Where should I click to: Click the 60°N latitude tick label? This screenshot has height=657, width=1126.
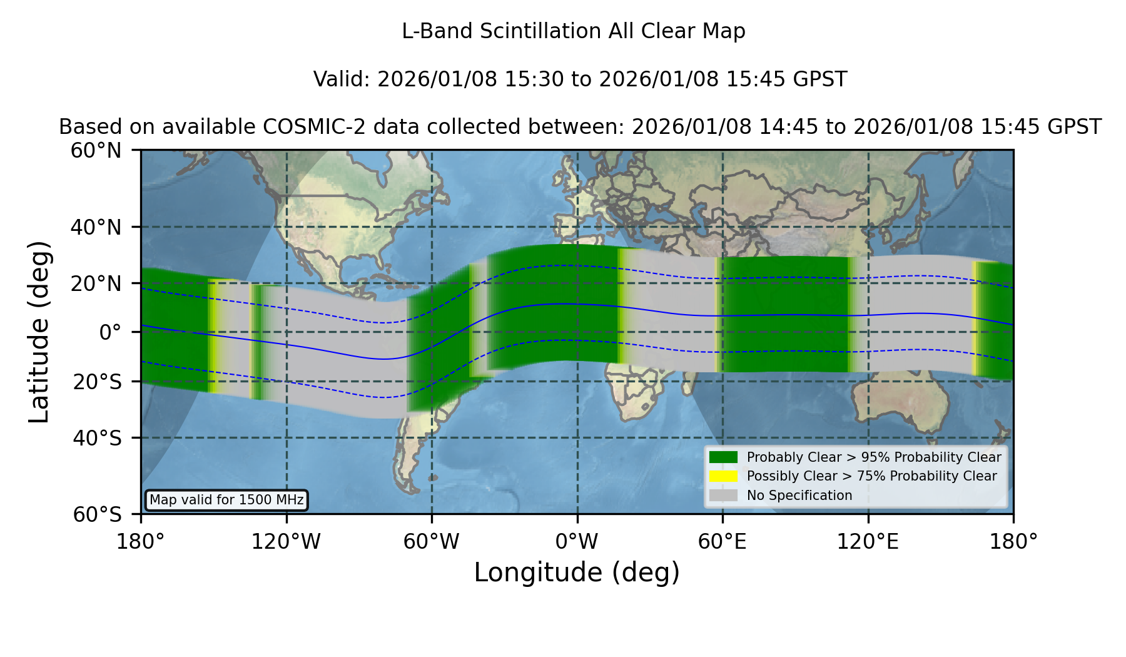click(96, 151)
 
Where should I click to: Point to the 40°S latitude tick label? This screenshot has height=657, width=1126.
click(97, 438)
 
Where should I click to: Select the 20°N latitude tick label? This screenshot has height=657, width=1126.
click(96, 283)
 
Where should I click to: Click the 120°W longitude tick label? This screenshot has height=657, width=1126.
click(287, 542)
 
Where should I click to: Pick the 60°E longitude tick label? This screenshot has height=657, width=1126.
click(723, 542)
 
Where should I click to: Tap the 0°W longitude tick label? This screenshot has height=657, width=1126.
click(577, 542)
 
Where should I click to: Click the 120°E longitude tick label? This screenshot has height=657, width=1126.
click(868, 542)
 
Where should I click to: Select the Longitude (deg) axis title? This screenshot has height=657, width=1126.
click(577, 573)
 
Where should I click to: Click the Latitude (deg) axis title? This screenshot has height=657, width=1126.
click(39, 332)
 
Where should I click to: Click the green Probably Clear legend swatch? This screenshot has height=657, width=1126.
click(724, 457)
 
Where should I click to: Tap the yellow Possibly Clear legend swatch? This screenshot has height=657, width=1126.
click(724, 476)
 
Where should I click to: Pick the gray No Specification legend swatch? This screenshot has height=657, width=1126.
click(724, 496)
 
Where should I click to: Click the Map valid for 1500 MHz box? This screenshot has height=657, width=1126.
click(226, 500)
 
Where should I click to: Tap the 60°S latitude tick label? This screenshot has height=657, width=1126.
click(97, 515)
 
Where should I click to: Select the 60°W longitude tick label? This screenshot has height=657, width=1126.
click(432, 542)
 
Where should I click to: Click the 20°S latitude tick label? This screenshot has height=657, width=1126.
click(97, 382)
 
